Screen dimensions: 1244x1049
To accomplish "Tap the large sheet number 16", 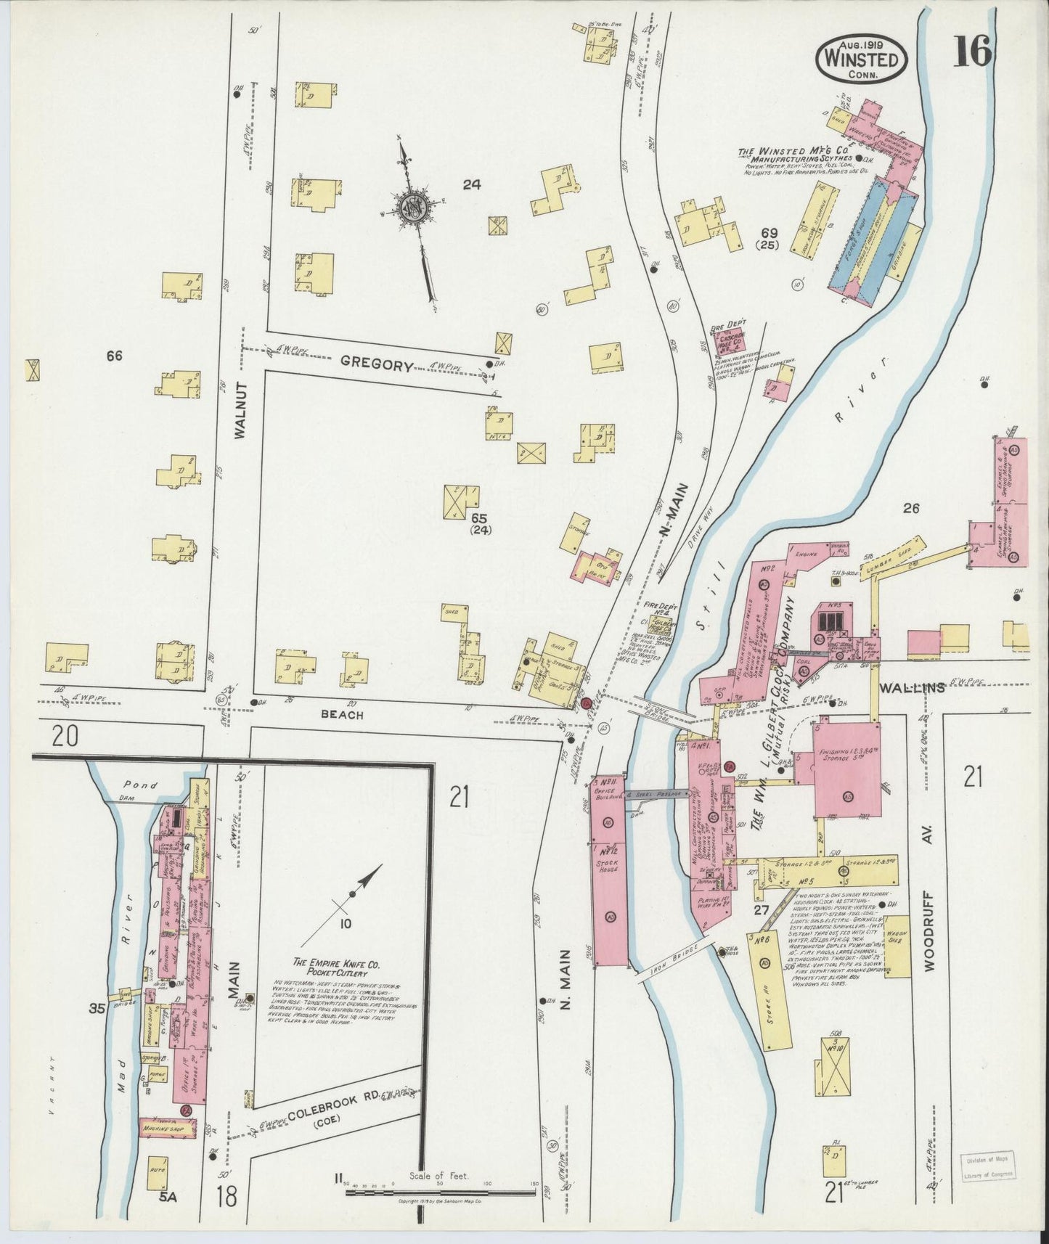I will point(972,52).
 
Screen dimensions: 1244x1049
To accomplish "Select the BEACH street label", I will point(343,714).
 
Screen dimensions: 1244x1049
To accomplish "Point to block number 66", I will point(114,356).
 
